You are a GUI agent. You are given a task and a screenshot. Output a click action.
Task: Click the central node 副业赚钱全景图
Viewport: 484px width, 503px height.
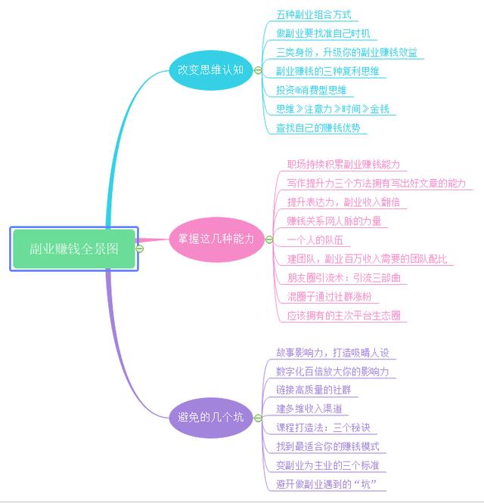[74, 248]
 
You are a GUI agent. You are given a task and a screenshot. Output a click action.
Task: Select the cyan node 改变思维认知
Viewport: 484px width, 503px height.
[210, 69]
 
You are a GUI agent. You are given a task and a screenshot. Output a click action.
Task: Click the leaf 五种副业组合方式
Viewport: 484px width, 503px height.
[313, 14]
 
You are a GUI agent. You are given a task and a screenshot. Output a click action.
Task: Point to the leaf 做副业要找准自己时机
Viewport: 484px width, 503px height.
[323, 33]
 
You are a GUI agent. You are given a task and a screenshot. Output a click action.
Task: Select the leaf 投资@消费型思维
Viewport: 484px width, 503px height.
[311, 90]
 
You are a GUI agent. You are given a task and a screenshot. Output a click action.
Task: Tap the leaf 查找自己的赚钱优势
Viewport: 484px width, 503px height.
[318, 128]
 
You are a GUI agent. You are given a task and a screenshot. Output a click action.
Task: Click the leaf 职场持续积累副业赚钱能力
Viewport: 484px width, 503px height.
[343, 164]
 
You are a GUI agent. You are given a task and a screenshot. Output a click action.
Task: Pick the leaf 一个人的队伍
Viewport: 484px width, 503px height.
[315, 240]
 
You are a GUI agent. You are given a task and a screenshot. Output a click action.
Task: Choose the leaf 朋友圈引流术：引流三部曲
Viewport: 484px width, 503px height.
[343, 278]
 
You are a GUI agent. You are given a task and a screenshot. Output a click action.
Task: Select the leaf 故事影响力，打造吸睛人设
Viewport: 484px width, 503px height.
[332, 352]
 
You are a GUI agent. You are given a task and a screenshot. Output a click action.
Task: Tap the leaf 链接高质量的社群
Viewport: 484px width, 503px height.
[313, 390]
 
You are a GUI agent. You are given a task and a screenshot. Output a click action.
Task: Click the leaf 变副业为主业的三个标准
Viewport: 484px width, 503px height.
[327, 465]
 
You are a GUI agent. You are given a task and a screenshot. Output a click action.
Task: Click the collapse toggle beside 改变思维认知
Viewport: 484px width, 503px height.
[258, 70]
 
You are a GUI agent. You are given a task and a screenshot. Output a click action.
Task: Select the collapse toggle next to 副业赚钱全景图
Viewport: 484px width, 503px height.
[140, 248]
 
